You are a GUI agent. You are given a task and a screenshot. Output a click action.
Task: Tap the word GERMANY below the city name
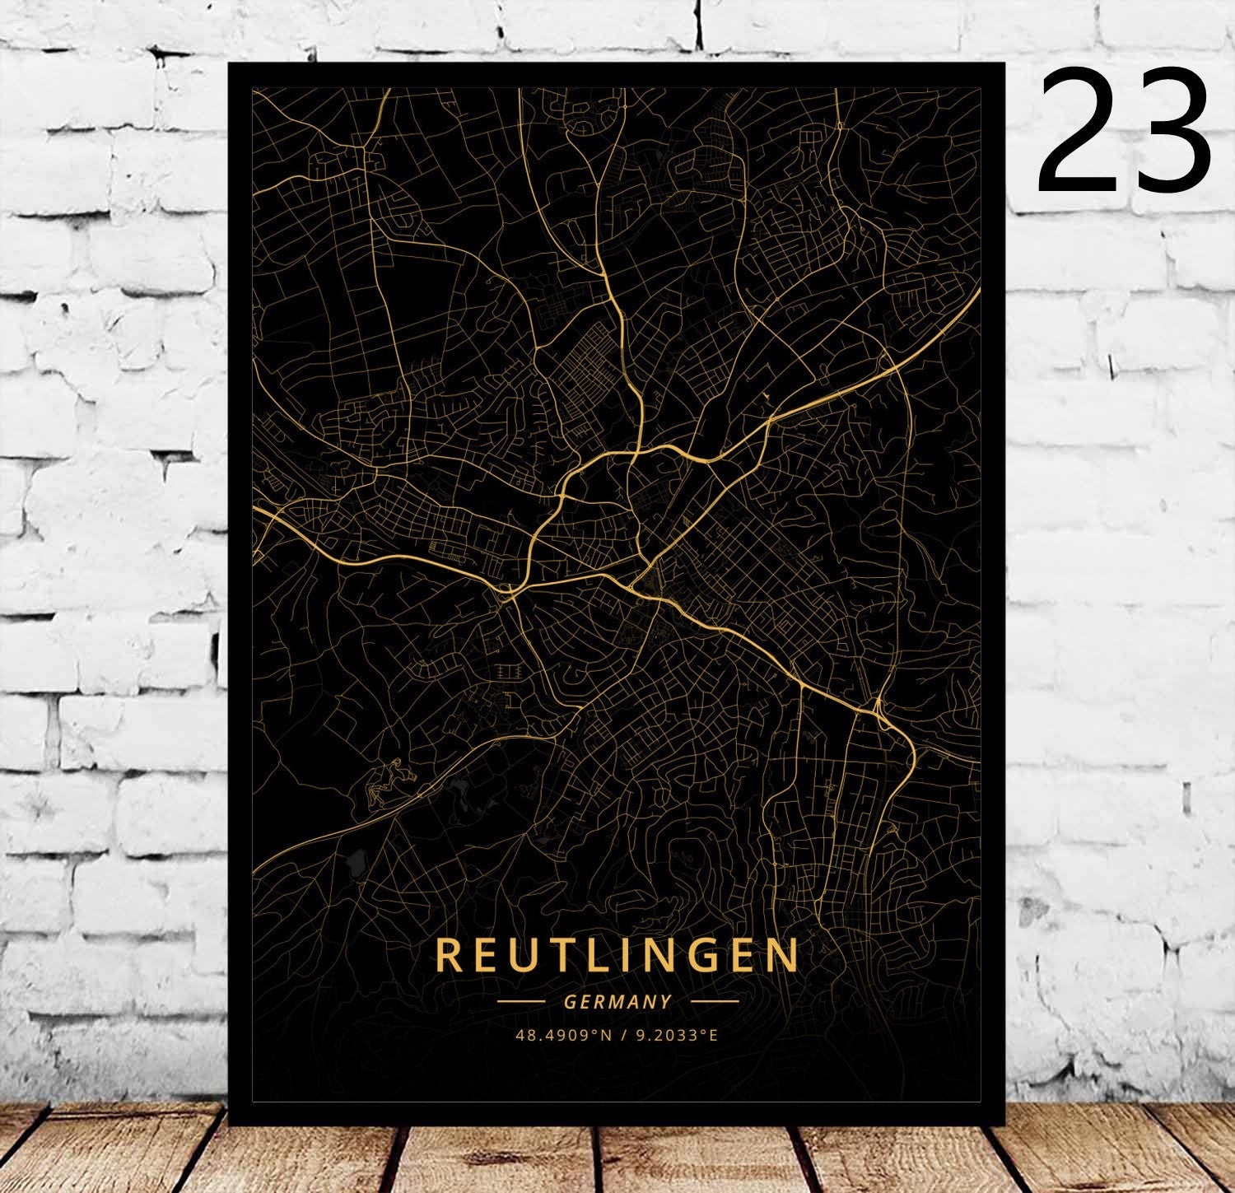(x=617, y=1002)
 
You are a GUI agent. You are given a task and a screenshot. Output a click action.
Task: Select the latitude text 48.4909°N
(x=563, y=1035)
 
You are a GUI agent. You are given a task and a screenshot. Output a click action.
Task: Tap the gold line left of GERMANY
(x=520, y=1002)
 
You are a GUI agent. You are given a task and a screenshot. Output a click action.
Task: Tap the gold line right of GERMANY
(x=714, y=1002)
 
